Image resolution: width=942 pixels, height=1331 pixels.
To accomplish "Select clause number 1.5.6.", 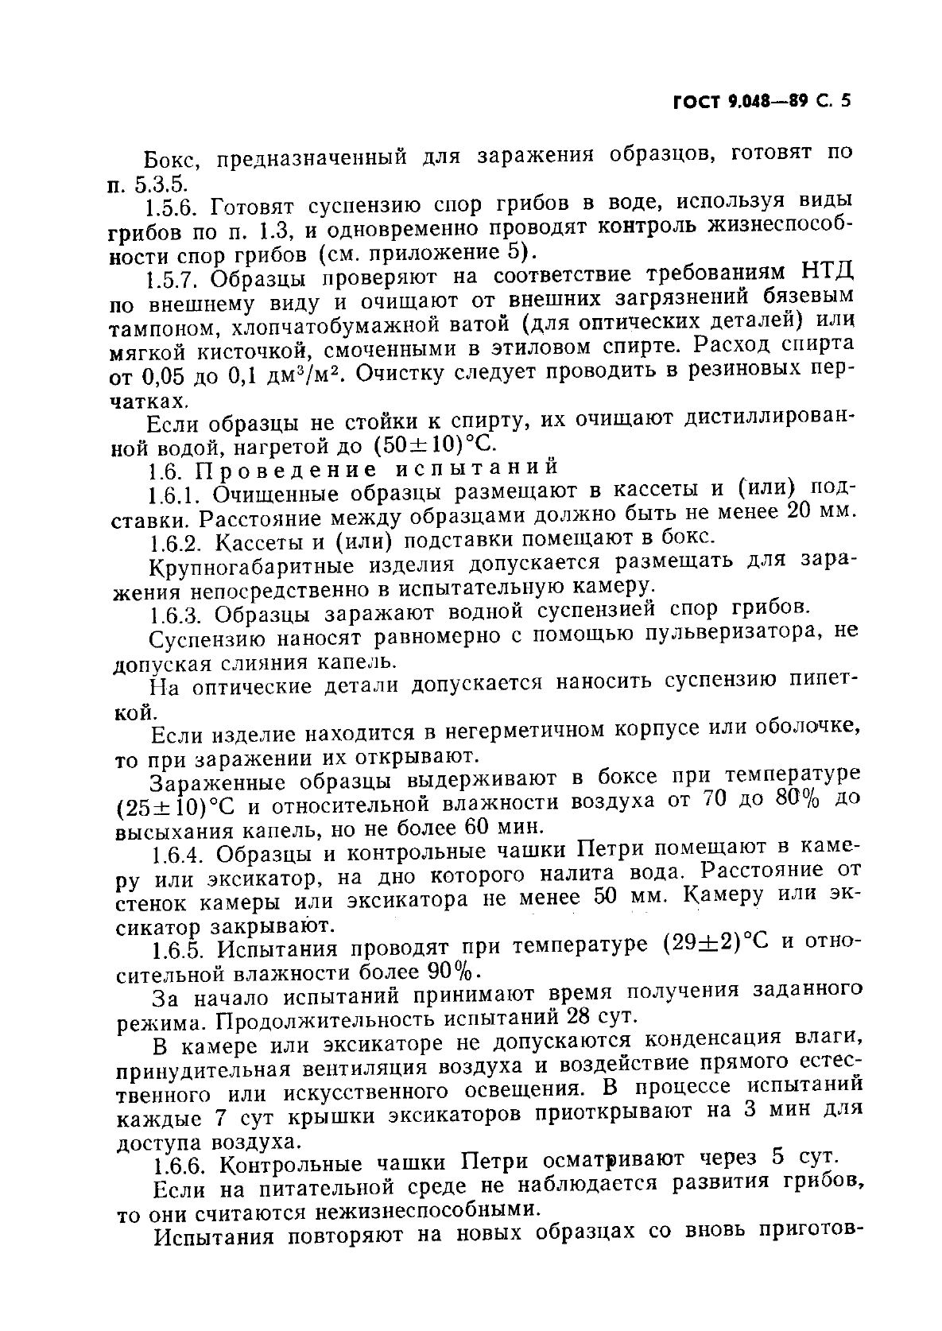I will [176, 207].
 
